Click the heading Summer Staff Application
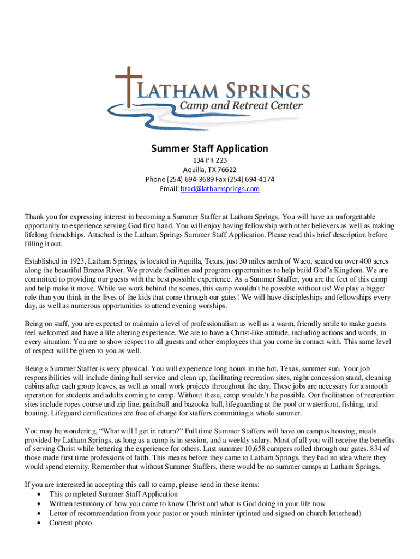209,148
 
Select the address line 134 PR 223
209,160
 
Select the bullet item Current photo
70,523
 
